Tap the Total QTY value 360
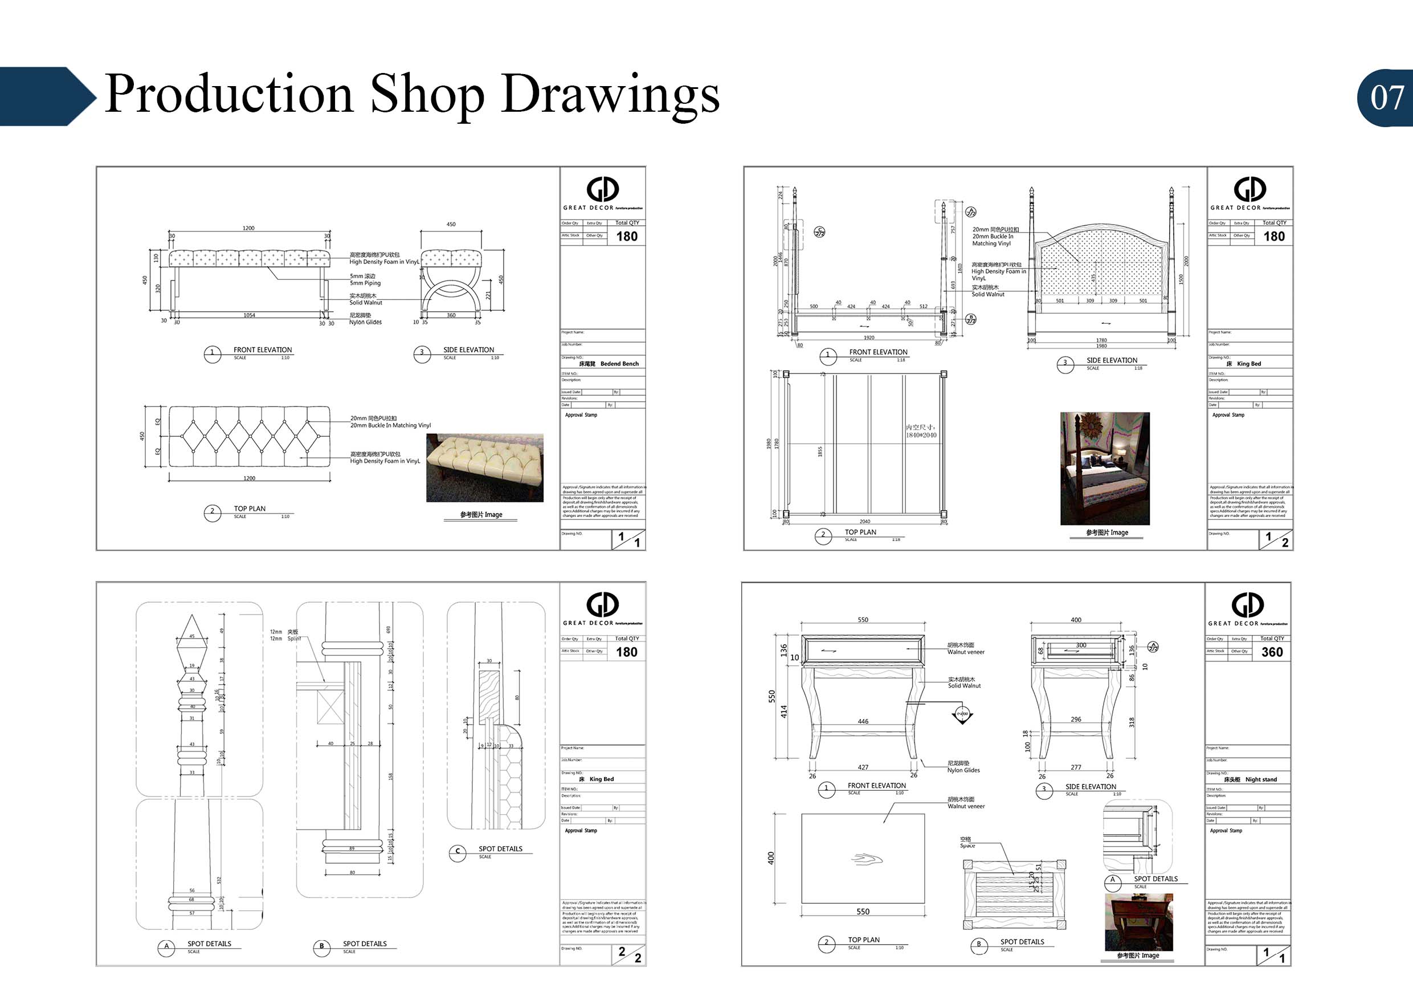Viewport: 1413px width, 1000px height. (1272, 652)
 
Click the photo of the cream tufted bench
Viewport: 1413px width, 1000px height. (484, 468)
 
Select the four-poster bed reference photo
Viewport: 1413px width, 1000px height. (1105, 468)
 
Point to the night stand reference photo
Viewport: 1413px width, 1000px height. (1138, 922)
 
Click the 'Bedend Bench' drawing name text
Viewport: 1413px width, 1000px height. (619, 364)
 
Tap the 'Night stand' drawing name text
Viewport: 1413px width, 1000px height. (1260, 779)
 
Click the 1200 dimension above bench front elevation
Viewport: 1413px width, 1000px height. (248, 229)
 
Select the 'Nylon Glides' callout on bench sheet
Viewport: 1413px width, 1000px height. (366, 322)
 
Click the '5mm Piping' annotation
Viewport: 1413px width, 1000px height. (365, 283)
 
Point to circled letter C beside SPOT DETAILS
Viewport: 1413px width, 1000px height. (458, 852)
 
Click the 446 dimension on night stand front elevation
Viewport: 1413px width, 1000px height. (863, 721)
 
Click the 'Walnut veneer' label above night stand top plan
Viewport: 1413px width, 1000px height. (966, 806)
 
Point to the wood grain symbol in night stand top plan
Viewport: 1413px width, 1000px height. (867, 860)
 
